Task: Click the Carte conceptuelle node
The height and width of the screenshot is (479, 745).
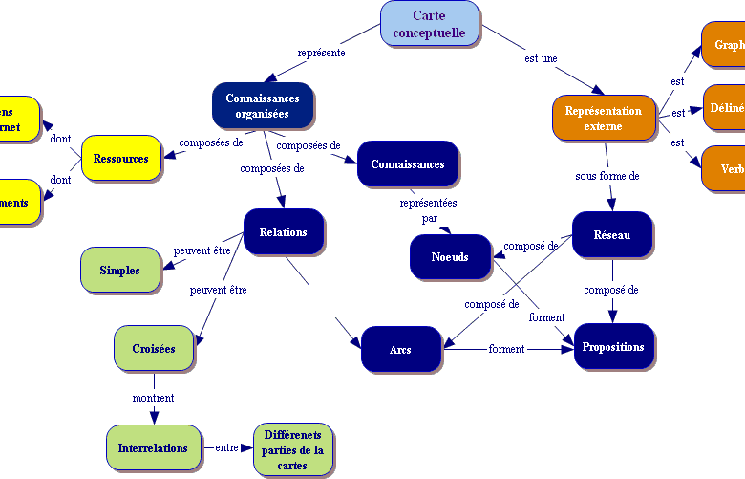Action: tap(429, 24)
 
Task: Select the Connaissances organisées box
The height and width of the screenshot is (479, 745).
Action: tap(263, 105)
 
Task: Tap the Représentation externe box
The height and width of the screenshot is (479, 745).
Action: tap(604, 118)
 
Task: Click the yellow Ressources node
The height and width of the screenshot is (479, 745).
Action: tap(121, 158)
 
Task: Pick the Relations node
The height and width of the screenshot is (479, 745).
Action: tap(283, 231)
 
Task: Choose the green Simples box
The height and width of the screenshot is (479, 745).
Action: tap(119, 270)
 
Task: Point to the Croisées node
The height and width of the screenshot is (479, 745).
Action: tap(154, 349)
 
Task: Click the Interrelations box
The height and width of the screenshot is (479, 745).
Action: tap(153, 447)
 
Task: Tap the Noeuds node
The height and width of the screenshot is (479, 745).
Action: tap(450, 256)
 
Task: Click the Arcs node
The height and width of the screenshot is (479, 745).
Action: tap(401, 349)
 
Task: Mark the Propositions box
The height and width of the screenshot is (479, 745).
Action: tap(613, 346)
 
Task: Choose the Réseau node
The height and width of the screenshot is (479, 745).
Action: tap(612, 234)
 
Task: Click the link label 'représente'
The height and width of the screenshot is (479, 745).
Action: tap(321, 53)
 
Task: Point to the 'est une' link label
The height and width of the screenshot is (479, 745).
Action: tap(541, 58)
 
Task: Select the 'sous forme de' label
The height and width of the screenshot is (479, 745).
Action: tap(607, 176)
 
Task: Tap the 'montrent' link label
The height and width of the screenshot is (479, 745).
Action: tap(153, 397)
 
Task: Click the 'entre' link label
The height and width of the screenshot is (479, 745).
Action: tap(226, 446)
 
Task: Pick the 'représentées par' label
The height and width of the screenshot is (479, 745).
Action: tap(428, 210)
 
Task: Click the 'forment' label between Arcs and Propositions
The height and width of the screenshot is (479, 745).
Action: tap(506, 349)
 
